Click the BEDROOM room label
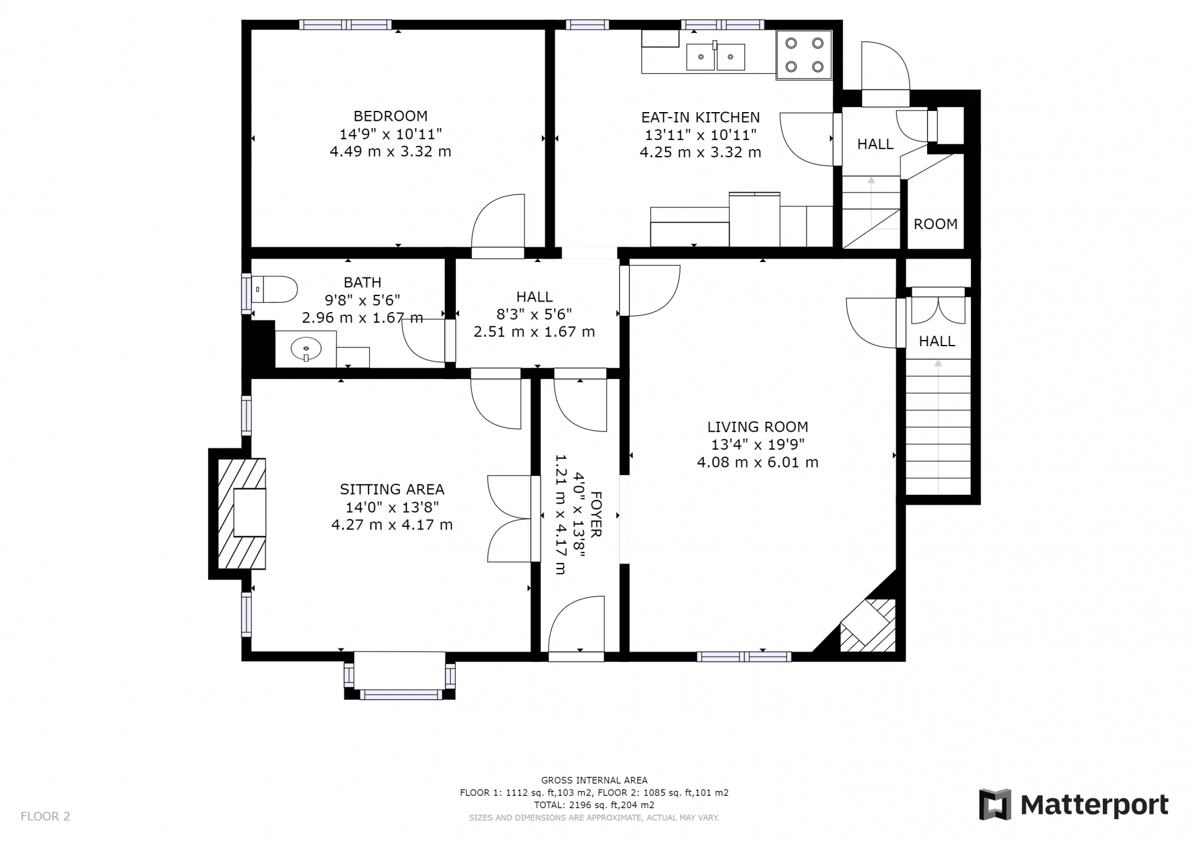click(x=390, y=116)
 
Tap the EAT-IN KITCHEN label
click(x=700, y=117)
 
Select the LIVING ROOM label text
click(x=757, y=427)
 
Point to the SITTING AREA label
click(x=392, y=489)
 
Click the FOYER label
click(x=596, y=514)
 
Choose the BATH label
click(x=362, y=282)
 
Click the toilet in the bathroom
click(x=274, y=289)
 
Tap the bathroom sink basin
click(x=306, y=349)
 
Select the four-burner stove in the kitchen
click(x=804, y=54)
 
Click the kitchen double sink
click(x=715, y=57)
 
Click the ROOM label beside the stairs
click(x=936, y=224)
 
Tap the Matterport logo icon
click(x=995, y=804)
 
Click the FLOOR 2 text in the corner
click(x=45, y=816)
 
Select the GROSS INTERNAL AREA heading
click(x=594, y=780)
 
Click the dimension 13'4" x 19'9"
click(x=757, y=444)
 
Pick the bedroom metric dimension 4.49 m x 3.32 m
click(x=390, y=151)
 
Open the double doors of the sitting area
click(x=510, y=519)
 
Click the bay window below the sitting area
click(x=400, y=676)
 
